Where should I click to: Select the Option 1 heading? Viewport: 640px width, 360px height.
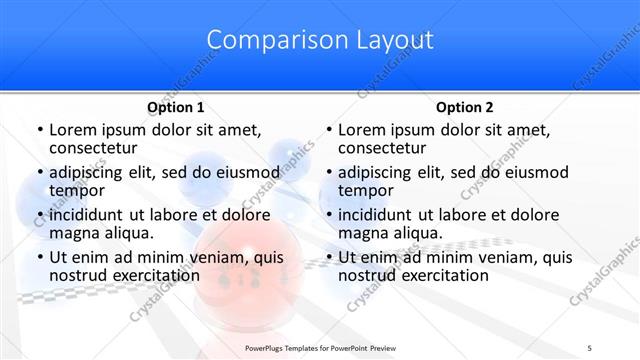pos(175,107)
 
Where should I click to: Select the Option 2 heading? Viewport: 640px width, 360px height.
pos(465,107)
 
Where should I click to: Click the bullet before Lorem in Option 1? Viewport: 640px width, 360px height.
pos(39,131)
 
